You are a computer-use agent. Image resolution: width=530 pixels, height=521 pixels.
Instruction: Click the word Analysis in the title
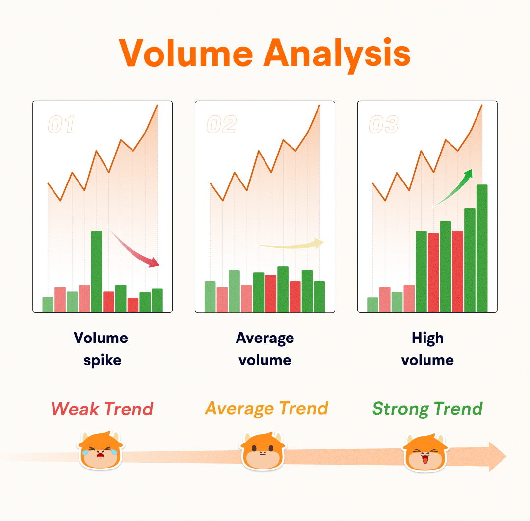(x=337, y=54)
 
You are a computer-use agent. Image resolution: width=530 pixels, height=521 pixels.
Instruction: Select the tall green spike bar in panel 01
(x=97, y=271)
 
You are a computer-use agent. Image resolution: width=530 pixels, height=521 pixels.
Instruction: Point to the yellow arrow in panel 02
(x=291, y=244)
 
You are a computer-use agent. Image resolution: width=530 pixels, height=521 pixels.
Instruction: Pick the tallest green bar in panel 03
(x=482, y=248)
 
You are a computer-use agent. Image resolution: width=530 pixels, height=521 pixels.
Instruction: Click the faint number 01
(x=61, y=124)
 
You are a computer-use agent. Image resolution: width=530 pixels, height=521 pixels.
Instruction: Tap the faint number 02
(x=222, y=124)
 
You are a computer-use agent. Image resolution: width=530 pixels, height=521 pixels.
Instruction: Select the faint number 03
(x=384, y=124)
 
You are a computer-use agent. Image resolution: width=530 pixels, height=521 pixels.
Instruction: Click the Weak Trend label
(x=102, y=409)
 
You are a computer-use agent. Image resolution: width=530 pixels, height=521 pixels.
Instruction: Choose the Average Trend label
(x=266, y=409)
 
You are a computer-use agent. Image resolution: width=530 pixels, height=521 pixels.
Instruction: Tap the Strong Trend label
(x=427, y=409)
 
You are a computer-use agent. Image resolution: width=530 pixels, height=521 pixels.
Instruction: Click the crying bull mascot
(x=101, y=450)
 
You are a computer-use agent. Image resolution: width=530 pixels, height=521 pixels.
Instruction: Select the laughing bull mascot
(x=425, y=453)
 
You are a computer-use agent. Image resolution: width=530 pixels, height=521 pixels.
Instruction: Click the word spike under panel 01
(x=103, y=361)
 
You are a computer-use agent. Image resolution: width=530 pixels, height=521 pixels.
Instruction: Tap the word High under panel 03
(x=427, y=338)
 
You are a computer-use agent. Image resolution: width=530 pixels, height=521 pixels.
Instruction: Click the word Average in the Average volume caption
(x=265, y=338)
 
